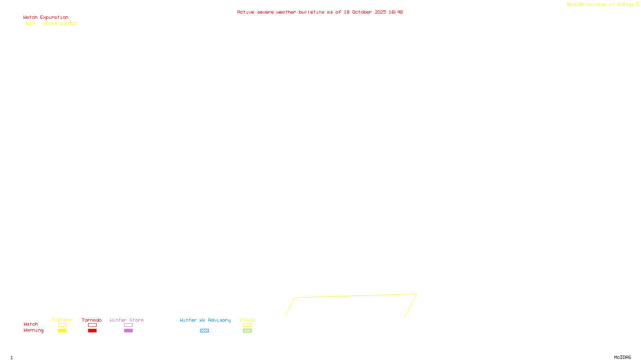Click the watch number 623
point(30,24)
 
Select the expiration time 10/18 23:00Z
point(60,24)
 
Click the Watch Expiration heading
point(46,18)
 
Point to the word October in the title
point(362,12)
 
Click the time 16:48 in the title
point(395,12)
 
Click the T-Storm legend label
point(62,320)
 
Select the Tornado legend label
point(92,320)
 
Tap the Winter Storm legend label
point(127,320)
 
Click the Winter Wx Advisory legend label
point(205,320)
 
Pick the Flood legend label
point(247,320)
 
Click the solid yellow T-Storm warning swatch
point(62,331)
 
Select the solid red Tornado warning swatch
point(93,331)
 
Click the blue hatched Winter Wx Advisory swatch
point(204,331)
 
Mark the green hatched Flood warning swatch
point(247,331)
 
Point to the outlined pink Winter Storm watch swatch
point(128,325)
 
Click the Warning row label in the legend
point(33,330)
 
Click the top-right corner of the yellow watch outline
point(417,294)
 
